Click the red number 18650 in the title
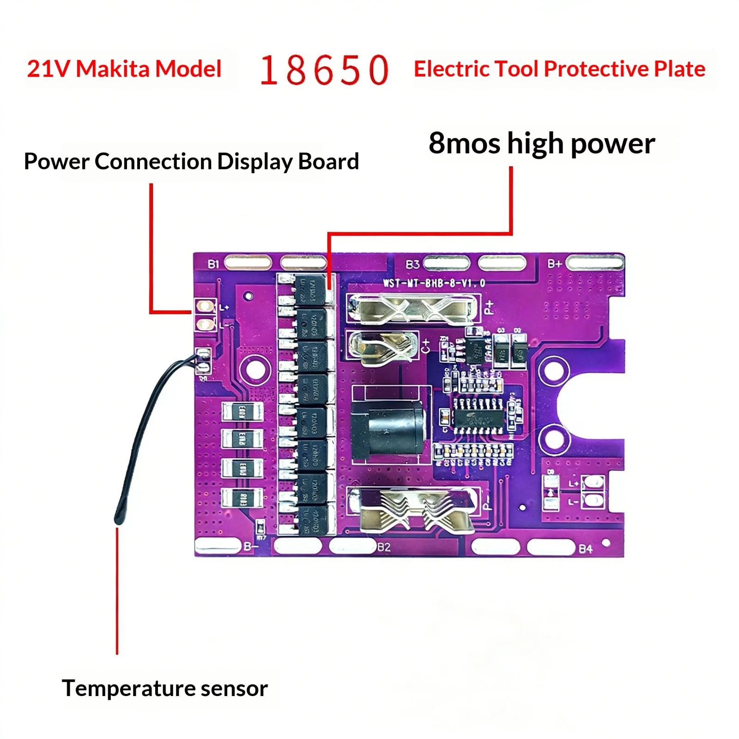(x=325, y=70)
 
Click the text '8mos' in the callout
(x=464, y=143)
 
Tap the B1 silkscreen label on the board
(x=213, y=264)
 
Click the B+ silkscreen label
(x=554, y=264)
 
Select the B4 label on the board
(x=585, y=549)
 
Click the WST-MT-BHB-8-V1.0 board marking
(x=434, y=283)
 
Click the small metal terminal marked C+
(x=381, y=346)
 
